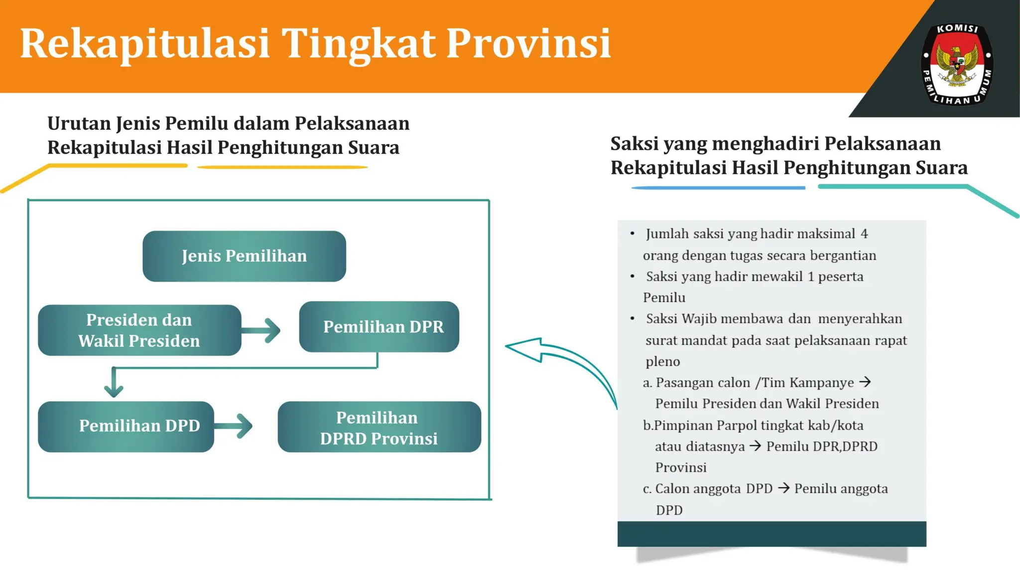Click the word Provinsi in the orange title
[x=528, y=44]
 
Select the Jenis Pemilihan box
[x=244, y=256]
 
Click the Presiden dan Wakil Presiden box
[x=139, y=330]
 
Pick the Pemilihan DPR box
[x=379, y=326]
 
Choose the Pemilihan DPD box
[x=126, y=426]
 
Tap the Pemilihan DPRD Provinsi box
[x=379, y=427]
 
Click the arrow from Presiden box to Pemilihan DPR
[x=262, y=330]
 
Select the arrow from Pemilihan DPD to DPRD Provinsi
[x=235, y=426]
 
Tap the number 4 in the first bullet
[x=864, y=234]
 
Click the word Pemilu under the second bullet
[x=664, y=297]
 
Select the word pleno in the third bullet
[x=662, y=361]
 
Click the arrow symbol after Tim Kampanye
[x=865, y=382]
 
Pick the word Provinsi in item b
[x=680, y=467]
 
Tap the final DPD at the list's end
[x=669, y=510]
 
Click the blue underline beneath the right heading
[x=718, y=188]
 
